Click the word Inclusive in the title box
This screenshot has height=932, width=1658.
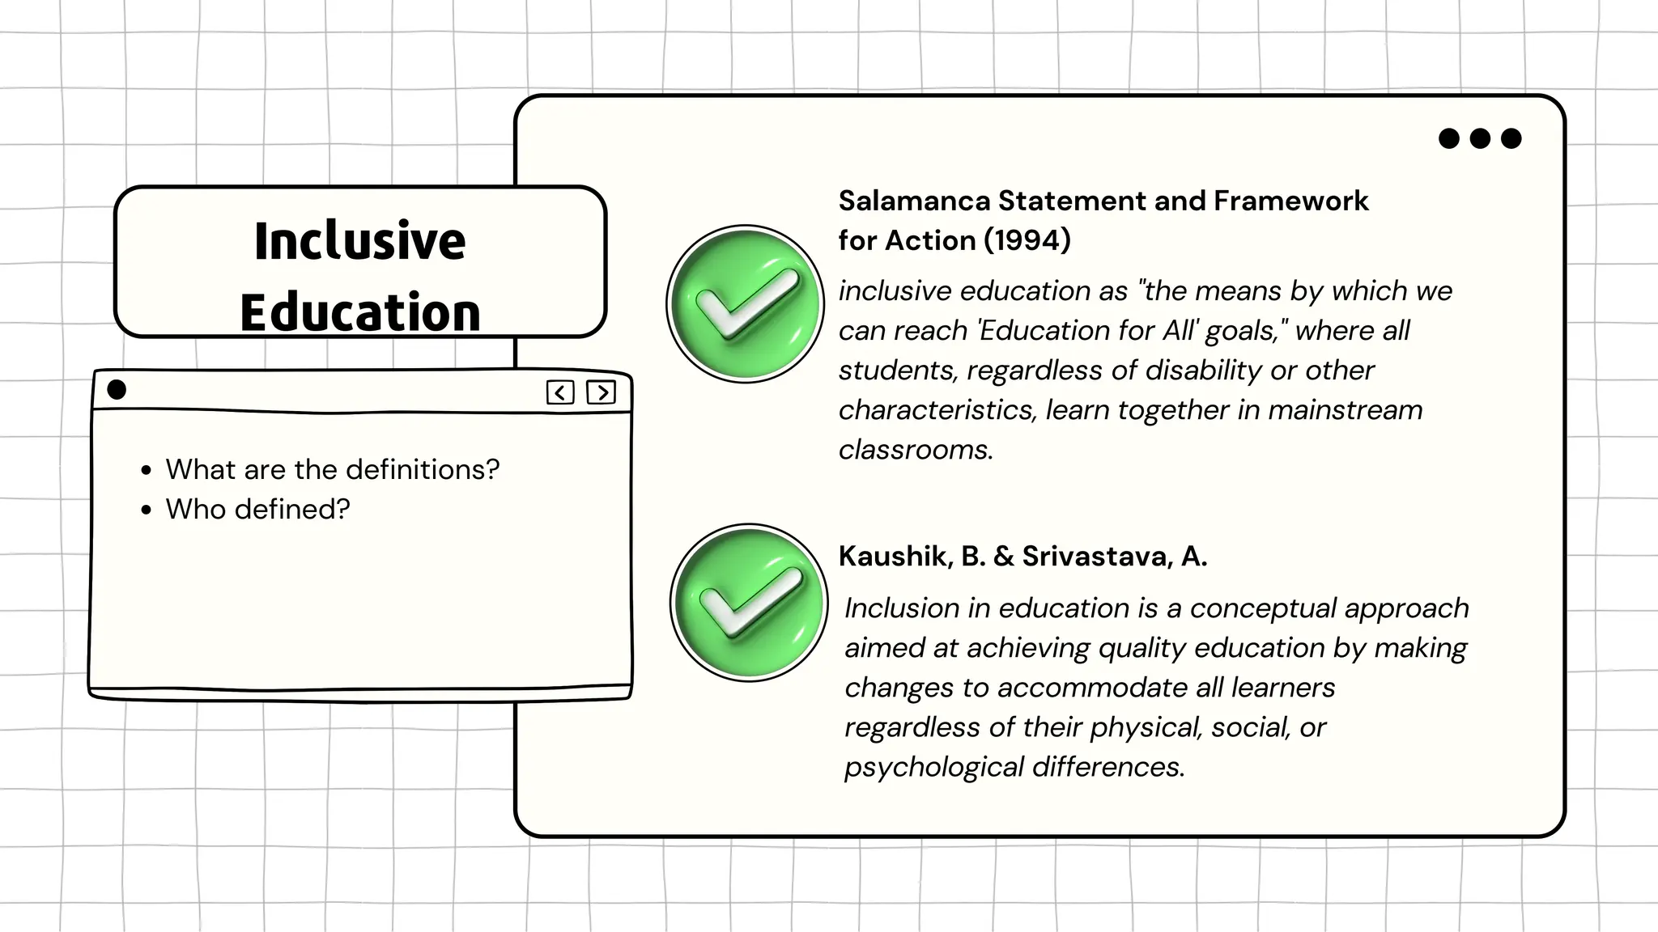click(359, 240)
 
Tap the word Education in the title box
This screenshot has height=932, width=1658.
click(360, 312)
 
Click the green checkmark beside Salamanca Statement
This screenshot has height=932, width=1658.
click(745, 304)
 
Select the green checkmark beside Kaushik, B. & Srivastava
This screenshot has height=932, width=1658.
click(749, 603)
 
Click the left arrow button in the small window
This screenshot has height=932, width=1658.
click(560, 392)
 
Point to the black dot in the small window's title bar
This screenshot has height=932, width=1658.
click(117, 390)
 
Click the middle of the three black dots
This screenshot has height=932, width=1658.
click(1480, 138)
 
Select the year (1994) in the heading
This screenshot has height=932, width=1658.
click(1027, 240)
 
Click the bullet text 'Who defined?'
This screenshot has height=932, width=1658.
click(257, 509)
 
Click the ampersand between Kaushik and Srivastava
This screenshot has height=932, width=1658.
click(1004, 556)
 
